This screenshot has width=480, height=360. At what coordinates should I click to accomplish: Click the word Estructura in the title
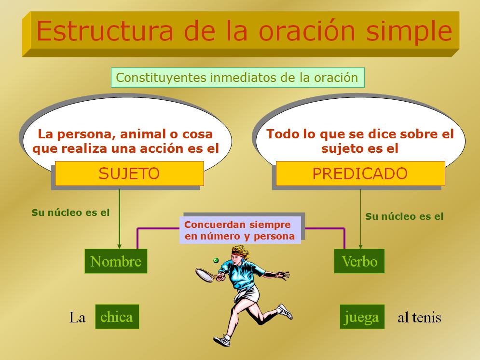point(105,31)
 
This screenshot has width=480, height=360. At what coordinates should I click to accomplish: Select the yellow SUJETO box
point(129,173)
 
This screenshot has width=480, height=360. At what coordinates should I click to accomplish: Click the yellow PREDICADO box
point(360,173)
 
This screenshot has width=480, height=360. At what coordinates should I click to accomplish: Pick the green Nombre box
point(116,261)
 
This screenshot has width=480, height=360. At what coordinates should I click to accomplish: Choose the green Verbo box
point(359,261)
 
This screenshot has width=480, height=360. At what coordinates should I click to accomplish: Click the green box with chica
point(117,317)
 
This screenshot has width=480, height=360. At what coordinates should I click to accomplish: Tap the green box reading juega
point(362,317)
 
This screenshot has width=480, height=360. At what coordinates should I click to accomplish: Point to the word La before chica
point(77,317)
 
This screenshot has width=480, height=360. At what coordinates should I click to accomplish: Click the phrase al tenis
point(419,317)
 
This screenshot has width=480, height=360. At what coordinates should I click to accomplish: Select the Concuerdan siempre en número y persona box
point(240,230)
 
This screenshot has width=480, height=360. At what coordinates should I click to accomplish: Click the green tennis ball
point(216,260)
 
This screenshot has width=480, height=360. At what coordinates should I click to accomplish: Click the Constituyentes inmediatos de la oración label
point(237,78)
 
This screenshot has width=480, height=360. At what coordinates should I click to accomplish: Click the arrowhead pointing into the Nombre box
point(119,246)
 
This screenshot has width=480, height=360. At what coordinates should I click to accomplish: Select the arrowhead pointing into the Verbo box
point(361,246)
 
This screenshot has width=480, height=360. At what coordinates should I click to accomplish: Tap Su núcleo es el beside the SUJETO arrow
point(70,213)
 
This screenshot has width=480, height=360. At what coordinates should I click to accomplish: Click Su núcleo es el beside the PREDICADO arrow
point(404,216)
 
